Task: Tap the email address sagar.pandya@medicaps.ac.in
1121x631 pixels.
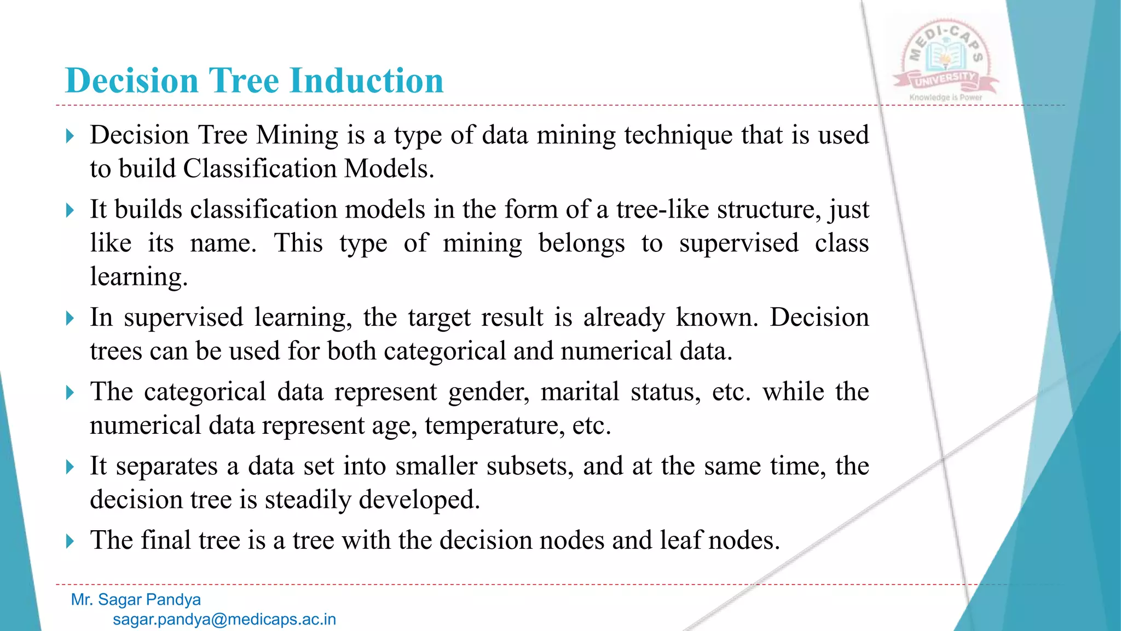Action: pyautogui.click(x=224, y=619)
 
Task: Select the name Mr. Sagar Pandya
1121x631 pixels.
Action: pyautogui.click(x=136, y=600)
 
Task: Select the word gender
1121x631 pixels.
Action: pyautogui.click(x=489, y=392)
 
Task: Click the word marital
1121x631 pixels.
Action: pyautogui.click(x=580, y=392)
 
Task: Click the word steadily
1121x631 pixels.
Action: pyautogui.click(x=308, y=500)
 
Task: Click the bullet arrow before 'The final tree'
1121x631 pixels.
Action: pyautogui.click(x=70, y=541)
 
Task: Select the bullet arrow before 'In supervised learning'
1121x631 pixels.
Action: pyautogui.click(x=70, y=318)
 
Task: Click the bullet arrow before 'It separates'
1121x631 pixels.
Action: pyautogui.click(x=70, y=467)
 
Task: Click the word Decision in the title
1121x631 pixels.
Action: pyautogui.click(x=131, y=81)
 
